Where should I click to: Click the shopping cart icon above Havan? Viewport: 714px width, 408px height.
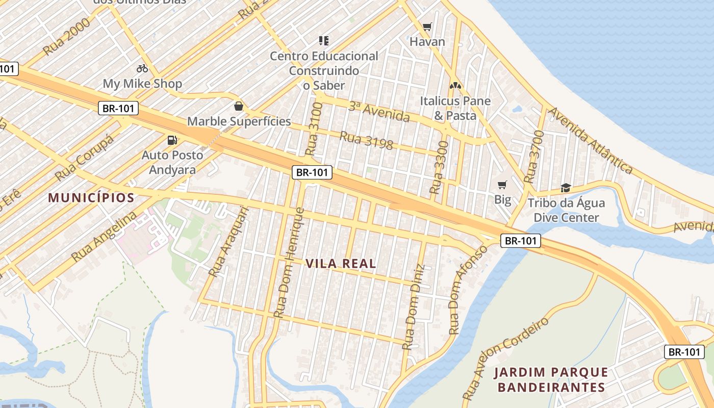click(x=427, y=27)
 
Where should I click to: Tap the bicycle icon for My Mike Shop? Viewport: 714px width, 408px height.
click(x=142, y=68)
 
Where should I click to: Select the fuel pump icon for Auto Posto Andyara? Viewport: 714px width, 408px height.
click(x=172, y=140)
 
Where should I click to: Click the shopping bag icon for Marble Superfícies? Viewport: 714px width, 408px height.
click(x=238, y=106)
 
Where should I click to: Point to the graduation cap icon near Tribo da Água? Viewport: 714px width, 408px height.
click(x=565, y=188)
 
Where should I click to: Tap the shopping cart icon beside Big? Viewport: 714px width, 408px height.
click(x=502, y=185)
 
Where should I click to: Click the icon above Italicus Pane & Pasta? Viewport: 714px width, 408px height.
click(x=455, y=86)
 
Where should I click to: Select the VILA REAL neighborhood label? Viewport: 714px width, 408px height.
click(x=341, y=264)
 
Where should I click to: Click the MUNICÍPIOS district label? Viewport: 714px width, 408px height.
click(x=91, y=198)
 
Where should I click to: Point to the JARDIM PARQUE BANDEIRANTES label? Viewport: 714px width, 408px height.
click(x=551, y=379)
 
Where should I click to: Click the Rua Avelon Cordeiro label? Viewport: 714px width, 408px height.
click(x=507, y=358)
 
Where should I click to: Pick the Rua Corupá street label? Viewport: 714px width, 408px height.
click(x=85, y=159)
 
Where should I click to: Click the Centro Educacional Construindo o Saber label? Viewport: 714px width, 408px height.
click(x=324, y=70)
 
